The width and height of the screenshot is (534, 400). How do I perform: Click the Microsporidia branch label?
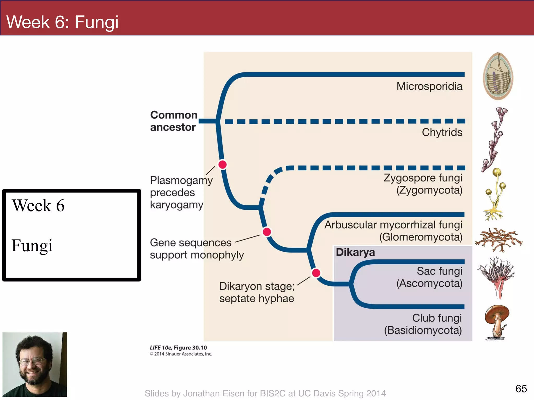[429, 86]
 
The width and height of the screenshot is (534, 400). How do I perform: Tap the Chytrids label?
[442, 133]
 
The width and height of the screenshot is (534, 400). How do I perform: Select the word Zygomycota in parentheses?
[429, 190]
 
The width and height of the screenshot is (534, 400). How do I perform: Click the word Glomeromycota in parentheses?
[421, 237]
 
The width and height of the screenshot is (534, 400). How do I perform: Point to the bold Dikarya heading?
[355, 252]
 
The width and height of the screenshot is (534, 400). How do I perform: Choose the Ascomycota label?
[429, 283]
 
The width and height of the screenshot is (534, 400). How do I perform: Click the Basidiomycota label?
[423, 330]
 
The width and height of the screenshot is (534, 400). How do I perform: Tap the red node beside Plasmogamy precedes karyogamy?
[222, 165]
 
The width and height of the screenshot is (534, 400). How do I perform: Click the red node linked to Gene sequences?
[267, 232]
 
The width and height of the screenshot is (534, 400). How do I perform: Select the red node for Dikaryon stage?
[316, 273]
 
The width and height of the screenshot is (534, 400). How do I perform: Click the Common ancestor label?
[173, 121]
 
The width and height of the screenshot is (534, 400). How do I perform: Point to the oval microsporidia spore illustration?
[498, 76]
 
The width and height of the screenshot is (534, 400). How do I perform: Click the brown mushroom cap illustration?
[497, 314]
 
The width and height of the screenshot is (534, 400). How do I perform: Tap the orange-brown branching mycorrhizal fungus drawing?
[499, 240]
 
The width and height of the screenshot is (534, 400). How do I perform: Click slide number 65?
[521, 389]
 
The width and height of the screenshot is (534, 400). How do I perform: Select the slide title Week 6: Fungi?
[62, 22]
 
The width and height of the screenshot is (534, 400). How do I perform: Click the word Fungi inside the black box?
[32, 246]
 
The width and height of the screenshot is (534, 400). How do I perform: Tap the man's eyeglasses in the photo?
[33, 361]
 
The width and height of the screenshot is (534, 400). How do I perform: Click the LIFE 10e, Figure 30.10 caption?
[178, 348]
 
